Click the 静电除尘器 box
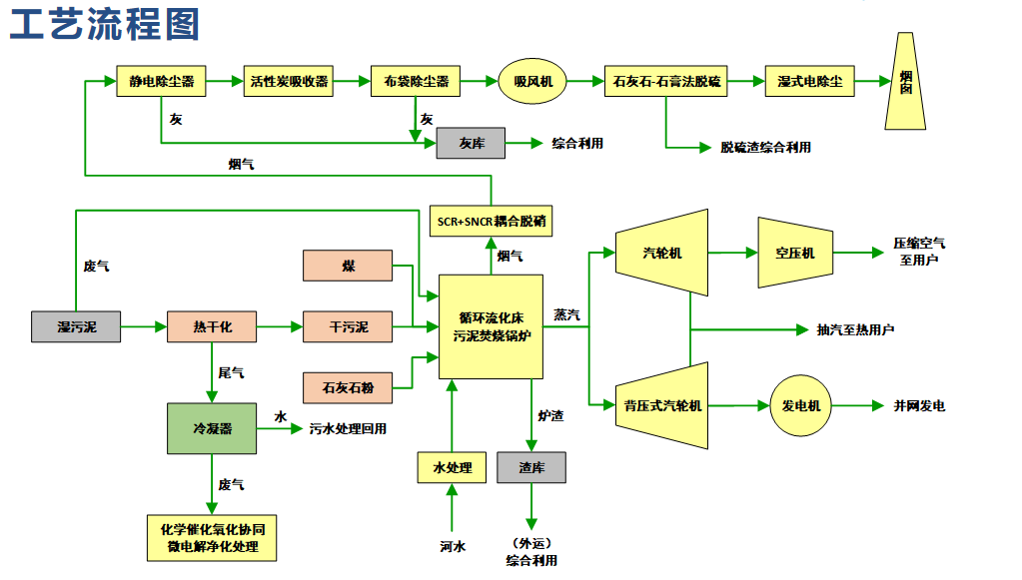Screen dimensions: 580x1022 [161, 82]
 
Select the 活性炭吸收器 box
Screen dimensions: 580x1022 [288, 82]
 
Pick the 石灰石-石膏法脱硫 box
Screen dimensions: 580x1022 [666, 82]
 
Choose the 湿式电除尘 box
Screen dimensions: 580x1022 [809, 82]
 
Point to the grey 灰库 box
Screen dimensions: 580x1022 [471, 144]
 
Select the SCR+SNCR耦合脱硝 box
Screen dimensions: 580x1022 [491, 221]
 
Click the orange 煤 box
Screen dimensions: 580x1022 [348, 266]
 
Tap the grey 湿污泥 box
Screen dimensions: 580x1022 [77, 326]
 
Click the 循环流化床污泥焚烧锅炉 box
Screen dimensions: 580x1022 [491, 326]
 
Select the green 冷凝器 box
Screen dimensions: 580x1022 [212, 427]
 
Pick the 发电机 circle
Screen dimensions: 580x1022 [800, 406]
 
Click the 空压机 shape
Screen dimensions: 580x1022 [794, 254]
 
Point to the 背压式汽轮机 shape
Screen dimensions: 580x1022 [662, 405]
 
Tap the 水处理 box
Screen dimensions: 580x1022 [452, 467]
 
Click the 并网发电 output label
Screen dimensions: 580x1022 [919, 406]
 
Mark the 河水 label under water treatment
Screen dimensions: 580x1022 [452, 546]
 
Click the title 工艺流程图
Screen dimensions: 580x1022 [104, 23]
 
